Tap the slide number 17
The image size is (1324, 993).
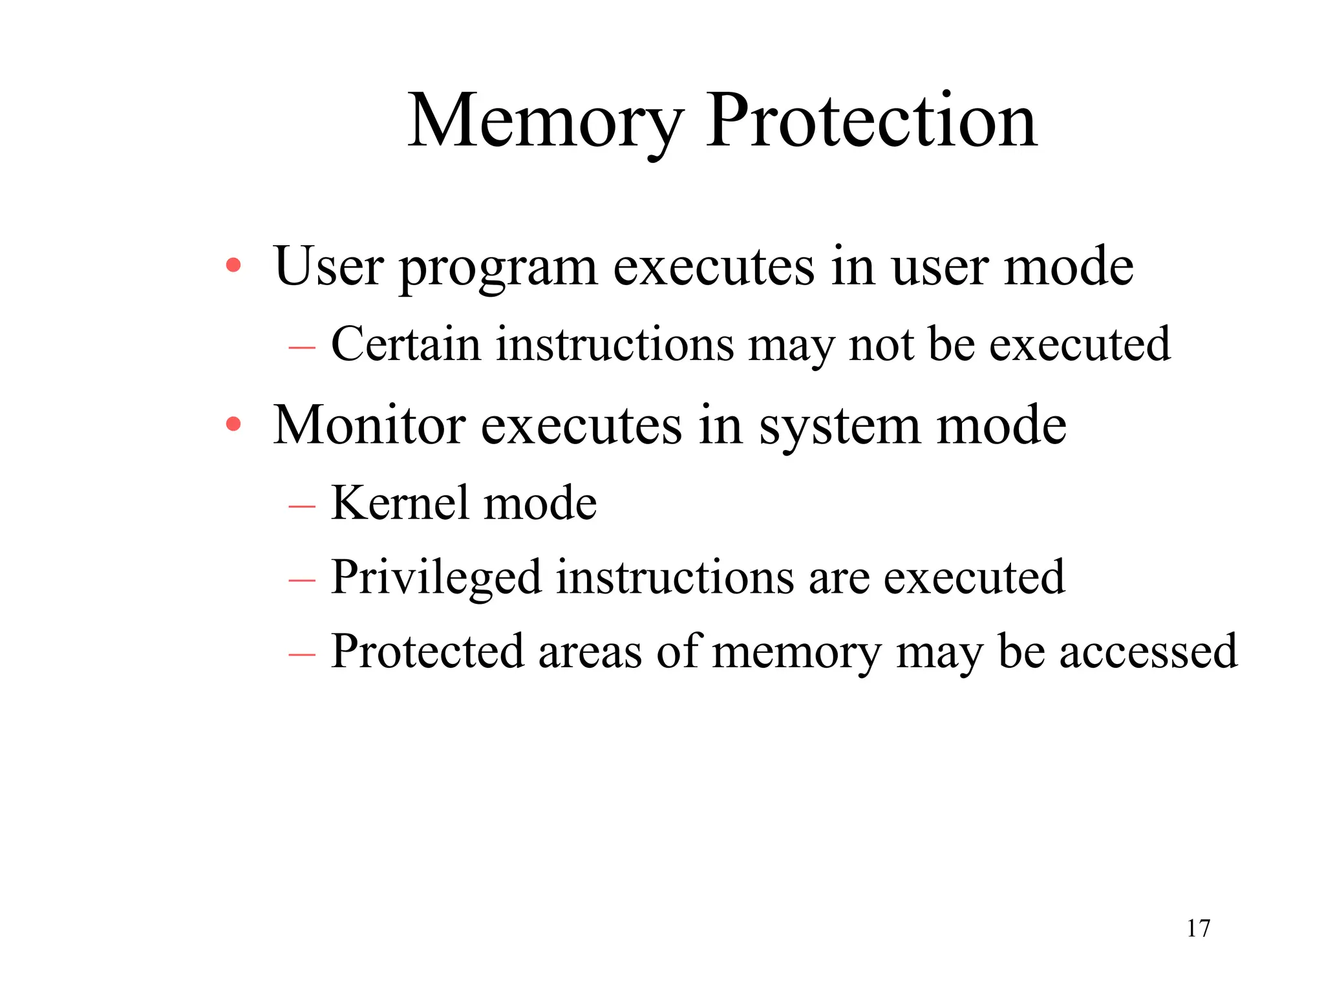[1198, 928]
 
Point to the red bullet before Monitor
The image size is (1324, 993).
[233, 425]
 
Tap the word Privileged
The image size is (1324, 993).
[435, 577]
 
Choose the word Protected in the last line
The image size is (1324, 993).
[427, 651]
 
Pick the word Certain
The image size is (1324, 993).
[405, 344]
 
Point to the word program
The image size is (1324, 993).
[498, 268]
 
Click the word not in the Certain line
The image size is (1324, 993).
[881, 345]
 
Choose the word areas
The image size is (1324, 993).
[590, 652]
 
